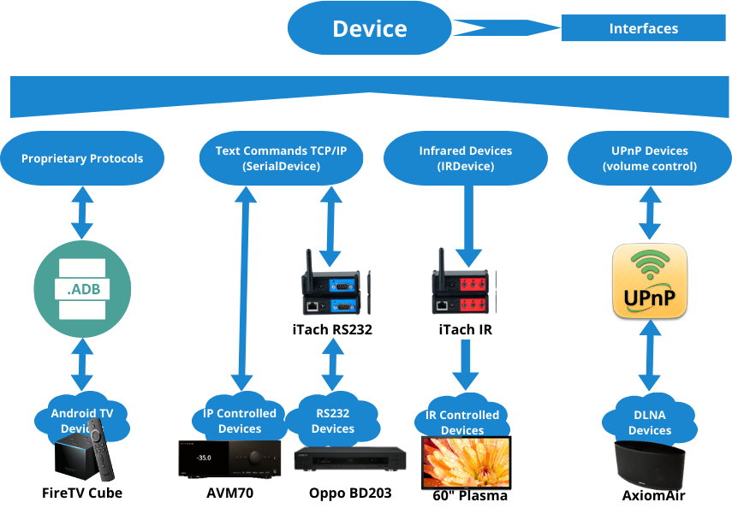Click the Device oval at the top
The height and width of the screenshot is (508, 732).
pyautogui.click(x=370, y=29)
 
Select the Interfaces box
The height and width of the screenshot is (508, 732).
pyautogui.click(x=643, y=28)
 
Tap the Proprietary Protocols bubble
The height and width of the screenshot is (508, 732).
pyautogui.click(x=82, y=158)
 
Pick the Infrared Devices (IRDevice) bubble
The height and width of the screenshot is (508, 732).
pyautogui.click(x=465, y=158)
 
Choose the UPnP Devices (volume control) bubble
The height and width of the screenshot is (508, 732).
pyautogui.click(x=649, y=158)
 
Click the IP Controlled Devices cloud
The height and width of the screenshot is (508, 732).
pyautogui.click(x=240, y=419)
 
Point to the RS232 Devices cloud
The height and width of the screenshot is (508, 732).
pyautogui.click(x=333, y=419)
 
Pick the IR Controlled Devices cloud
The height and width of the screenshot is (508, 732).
pyautogui.click(x=462, y=420)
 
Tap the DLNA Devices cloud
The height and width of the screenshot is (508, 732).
pyautogui.click(x=650, y=421)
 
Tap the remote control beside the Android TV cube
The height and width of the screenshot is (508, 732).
pyautogui.click(x=103, y=462)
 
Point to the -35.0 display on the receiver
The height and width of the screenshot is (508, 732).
pyautogui.click(x=204, y=458)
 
